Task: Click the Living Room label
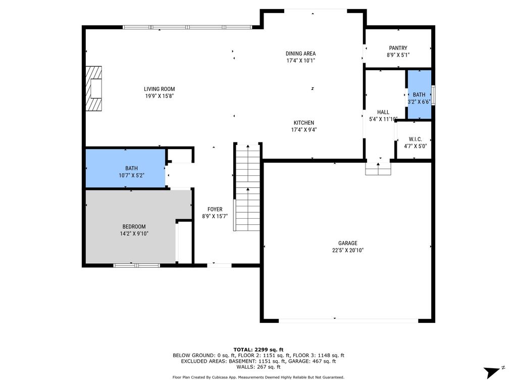pyautogui.click(x=159, y=89)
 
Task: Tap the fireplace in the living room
pyautogui.click(x=94, y=88)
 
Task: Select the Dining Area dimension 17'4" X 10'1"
pyautogui.click(x=300, y=61)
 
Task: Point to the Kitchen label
pyautogui.click(x=304, y=123)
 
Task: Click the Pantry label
pyautogui.click(x=398, y=48)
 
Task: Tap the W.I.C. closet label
pyautogui.click(x=415, y=139)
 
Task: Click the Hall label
pyautogui.click(x=383, y=112)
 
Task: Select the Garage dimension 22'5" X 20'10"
pyautogui.click(x=347, y=250)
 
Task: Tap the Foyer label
pyautogui.click(x=215, y=209)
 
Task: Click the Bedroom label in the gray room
pyautogui.click(x=134, y=226)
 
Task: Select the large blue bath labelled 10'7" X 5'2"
pyautogui.click(x=125, y=172)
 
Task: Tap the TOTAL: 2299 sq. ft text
pyautogui.click(x=258, y=350)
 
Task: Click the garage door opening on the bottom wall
pyautogui.click(x=348, y=320)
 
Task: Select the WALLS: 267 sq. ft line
pyautogui.click(x=258, y=368)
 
